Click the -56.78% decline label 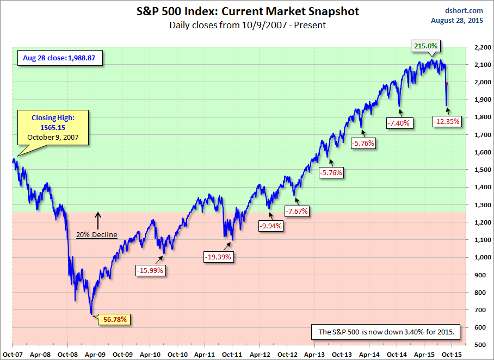click(x=114, y=320)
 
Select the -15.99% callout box click(x=150, y=269)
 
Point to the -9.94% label click(x=270, y=226)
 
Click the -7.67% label click(x=297, y=211)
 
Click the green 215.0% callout click(x=425, y=46)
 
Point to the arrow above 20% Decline click(x=98, y=220)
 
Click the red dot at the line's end click(x=447, y=84)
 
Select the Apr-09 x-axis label click(x=95, y=353)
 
